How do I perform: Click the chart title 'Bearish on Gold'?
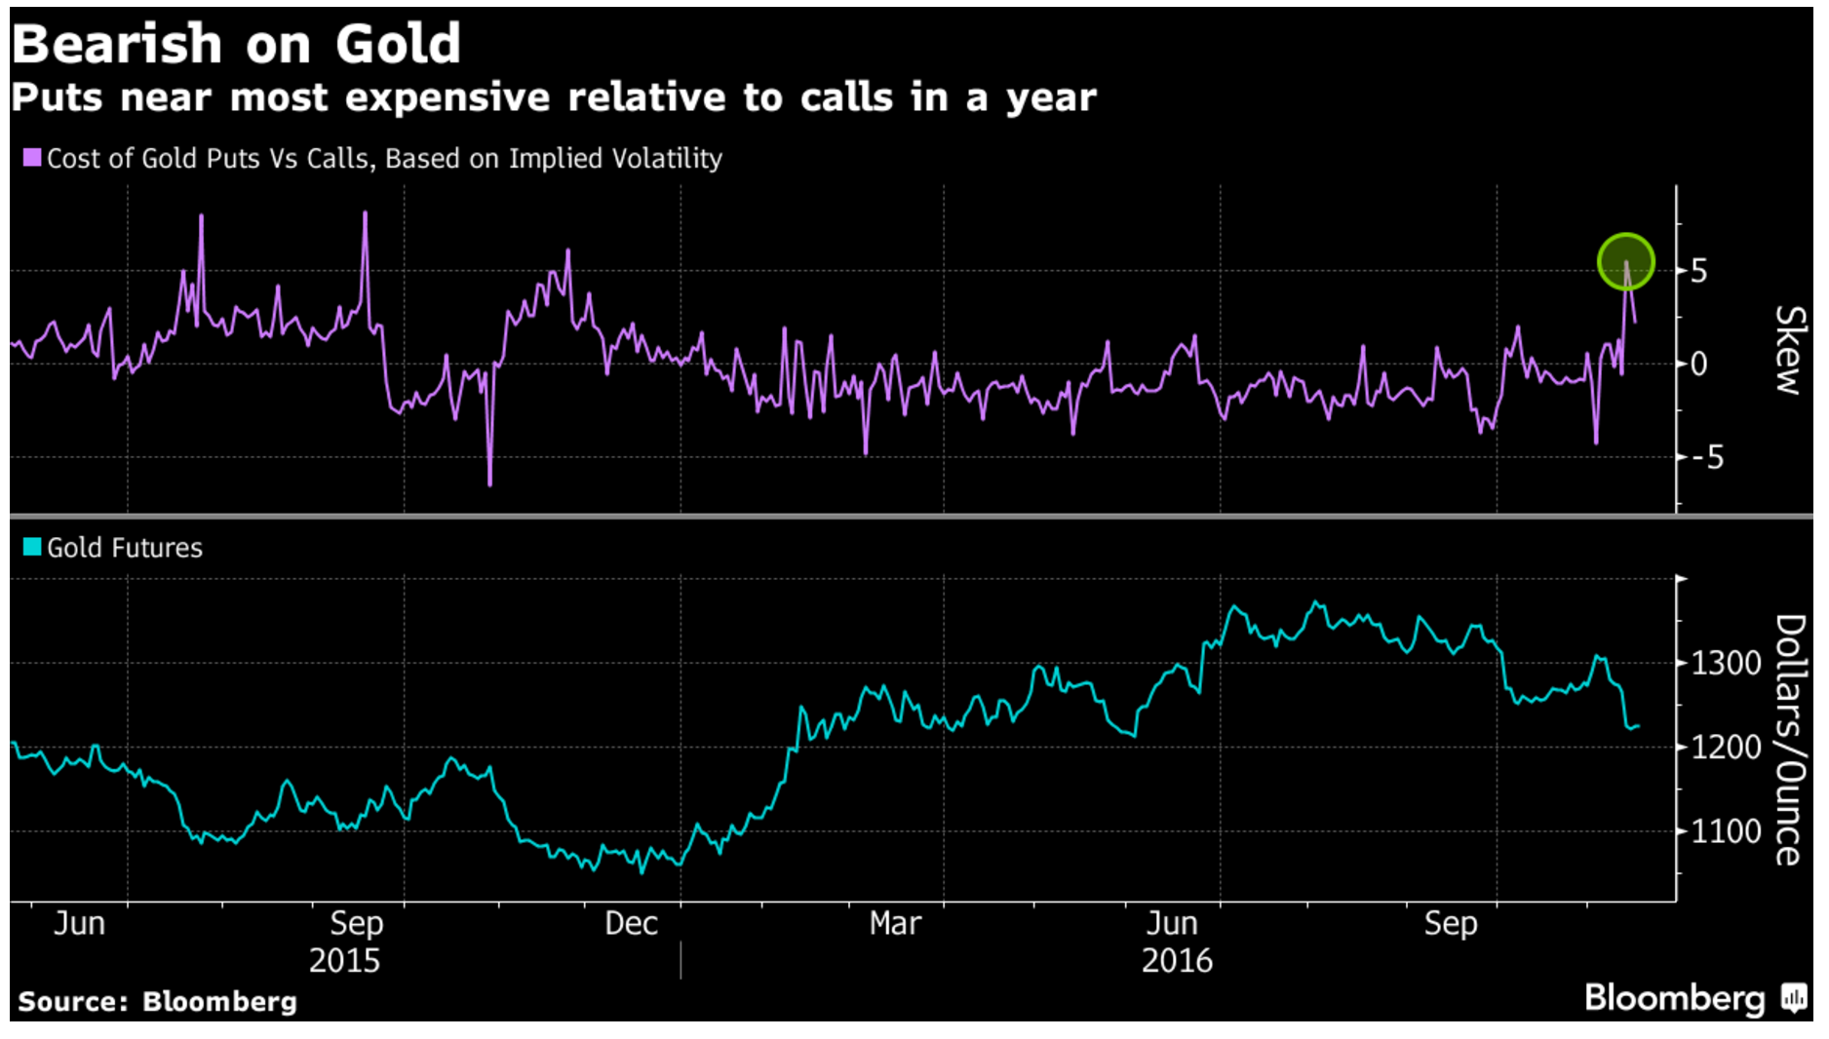236,45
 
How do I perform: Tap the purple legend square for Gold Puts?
32,158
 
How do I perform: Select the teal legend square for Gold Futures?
32,547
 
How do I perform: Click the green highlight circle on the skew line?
1625,262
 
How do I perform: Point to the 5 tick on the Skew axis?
1698,271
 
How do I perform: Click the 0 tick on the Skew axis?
1698,365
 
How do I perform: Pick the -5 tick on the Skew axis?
1707,457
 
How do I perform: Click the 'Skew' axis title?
1790,349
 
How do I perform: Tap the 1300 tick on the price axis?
1726,664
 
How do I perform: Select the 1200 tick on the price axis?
1726,748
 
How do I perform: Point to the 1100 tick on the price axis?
1726,831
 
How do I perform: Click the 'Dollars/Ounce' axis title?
1790,739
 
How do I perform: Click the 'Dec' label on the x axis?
631,923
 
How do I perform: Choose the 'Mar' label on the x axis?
895,923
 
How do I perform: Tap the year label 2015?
344,961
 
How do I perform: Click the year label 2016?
1177,961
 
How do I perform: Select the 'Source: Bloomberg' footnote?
157,1002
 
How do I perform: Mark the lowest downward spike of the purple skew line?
489,483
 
